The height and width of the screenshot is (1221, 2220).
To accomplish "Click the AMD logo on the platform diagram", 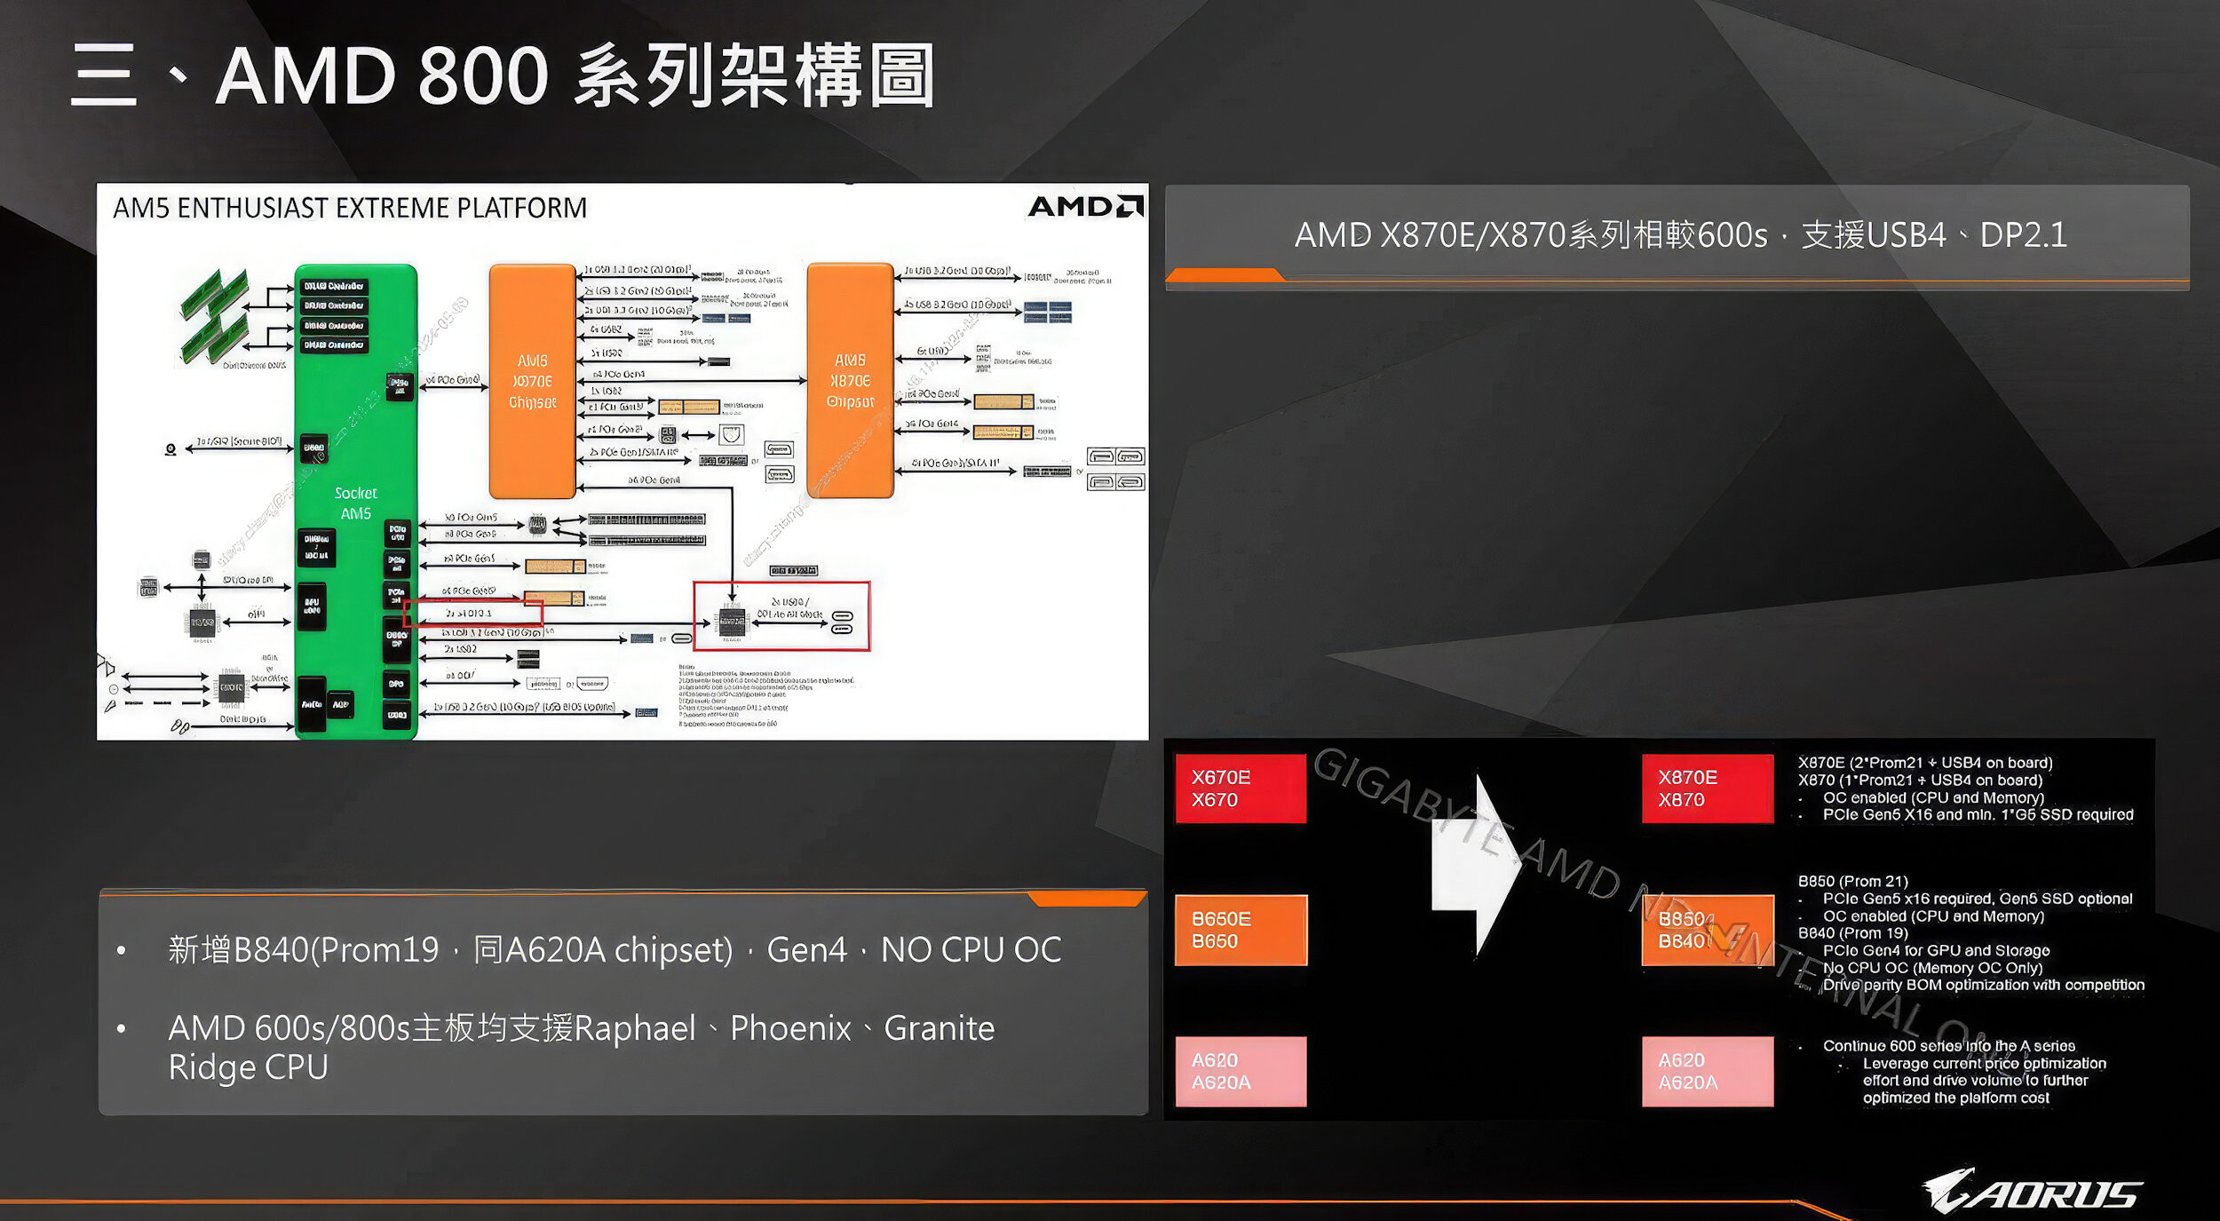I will [1085, 207].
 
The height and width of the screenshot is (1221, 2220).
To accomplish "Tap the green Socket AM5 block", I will [355, 502].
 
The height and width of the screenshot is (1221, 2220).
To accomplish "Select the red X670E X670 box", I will [1241, 789].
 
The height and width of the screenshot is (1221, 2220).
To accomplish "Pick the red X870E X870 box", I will [1707, 789].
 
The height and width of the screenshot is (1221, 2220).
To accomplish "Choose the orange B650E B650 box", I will [1241, 930].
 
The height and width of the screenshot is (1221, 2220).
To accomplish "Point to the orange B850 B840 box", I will [1707, 930].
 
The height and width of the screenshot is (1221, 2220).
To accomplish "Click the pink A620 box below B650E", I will [1241, 1071].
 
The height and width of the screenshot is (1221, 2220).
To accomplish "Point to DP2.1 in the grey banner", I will [2024, 235].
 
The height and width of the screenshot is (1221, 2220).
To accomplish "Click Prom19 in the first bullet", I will [380, 950].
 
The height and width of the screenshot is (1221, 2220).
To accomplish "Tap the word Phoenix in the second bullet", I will [790, 1028].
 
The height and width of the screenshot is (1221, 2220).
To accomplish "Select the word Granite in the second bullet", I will [940, 1028].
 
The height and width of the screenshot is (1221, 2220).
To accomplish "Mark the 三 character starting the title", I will [104, 75].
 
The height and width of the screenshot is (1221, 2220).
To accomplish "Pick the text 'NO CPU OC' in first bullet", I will [971, 950].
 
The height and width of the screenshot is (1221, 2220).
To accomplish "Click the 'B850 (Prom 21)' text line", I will [1852, 881].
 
